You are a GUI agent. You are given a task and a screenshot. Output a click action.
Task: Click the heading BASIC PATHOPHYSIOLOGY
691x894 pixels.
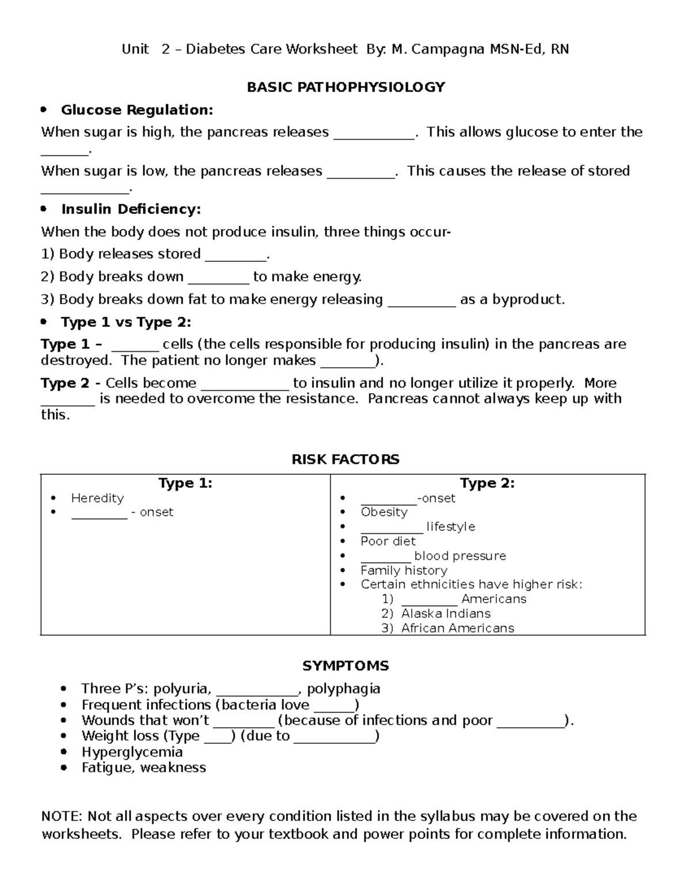click(345, 87)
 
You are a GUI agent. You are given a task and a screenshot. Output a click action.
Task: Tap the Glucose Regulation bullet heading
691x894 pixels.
click(137, 110)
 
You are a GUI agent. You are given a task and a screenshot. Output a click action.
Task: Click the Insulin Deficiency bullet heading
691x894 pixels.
click(131, 209)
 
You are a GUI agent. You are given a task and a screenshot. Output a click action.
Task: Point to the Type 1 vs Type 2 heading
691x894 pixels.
click(126, 322)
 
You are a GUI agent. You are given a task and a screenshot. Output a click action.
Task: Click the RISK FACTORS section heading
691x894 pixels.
click(345, 459)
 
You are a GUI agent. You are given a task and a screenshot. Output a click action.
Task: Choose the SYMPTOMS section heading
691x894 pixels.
click(345, 666)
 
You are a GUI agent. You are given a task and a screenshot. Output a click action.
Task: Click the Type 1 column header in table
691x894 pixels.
click(185, 483)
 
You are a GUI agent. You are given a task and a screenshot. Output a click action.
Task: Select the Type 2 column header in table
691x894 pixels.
click(487, 483)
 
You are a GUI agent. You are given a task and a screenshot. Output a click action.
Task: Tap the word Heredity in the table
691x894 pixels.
click(97, 498)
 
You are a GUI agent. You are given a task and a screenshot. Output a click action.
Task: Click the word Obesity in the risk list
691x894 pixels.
click(384, 512)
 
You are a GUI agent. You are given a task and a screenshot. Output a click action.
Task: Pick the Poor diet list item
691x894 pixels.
click(388, 541)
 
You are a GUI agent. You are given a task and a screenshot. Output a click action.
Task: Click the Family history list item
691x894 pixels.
click(404, 570)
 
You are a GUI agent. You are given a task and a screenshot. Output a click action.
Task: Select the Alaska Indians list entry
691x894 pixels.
click(446, 614)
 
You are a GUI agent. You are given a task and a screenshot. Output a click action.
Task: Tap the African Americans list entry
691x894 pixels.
click(457, 628)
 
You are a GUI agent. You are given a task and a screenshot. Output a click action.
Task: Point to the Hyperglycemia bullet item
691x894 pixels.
click(132, 752)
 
